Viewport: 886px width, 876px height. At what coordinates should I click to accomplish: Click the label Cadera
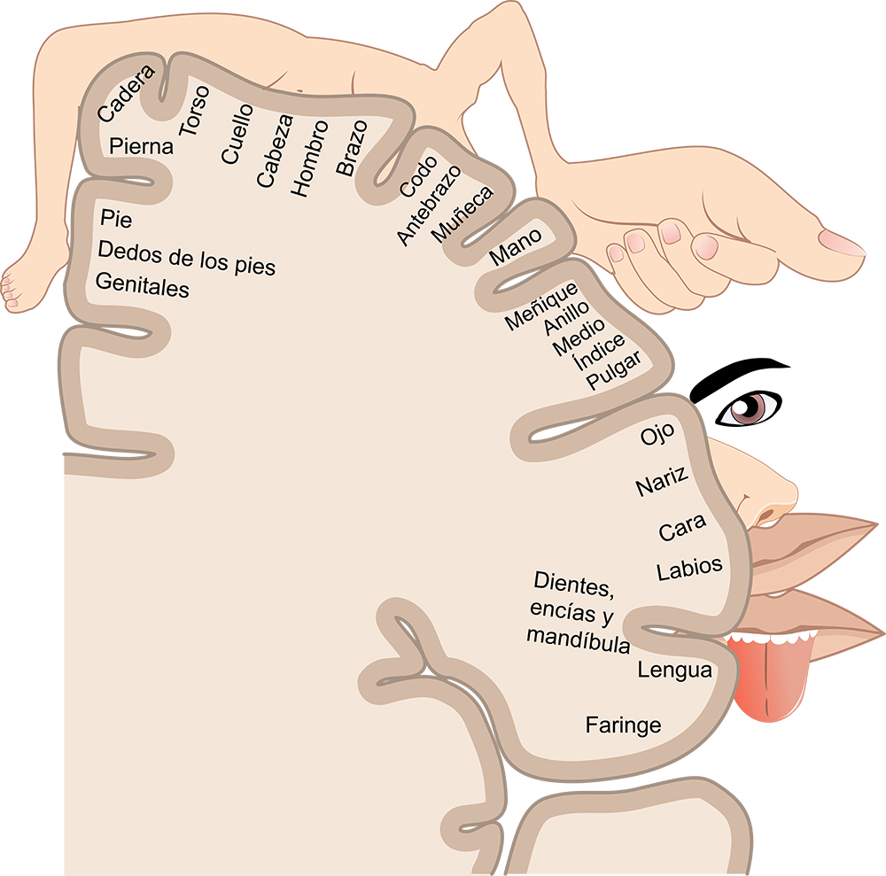(x=126, y=93)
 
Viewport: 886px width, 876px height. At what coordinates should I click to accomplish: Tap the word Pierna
(x=141, y=146)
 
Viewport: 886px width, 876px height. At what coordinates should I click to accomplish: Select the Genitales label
(x=143, y=284)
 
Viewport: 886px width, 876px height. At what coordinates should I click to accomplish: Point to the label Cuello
(x=237, y=133)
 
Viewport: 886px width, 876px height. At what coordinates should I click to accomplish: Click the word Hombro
(x=309, y=159)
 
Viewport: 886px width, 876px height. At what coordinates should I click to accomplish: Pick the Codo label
(x=419, y=176)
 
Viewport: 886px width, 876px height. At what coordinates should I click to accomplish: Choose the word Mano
(x=516, y=246)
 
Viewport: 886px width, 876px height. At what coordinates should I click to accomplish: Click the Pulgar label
(x=614, y=370)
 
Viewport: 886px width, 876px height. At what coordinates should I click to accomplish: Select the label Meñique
(x=541, y=306)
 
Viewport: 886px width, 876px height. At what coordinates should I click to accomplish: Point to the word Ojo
(x=657, y=434)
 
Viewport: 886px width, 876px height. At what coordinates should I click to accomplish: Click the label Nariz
(x=662, y=481)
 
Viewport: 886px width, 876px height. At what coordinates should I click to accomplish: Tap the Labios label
(x=689, y=568)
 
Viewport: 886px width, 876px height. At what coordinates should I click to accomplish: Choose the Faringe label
(x=623, y=725)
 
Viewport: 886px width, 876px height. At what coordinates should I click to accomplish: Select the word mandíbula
(x=578, y=640)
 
